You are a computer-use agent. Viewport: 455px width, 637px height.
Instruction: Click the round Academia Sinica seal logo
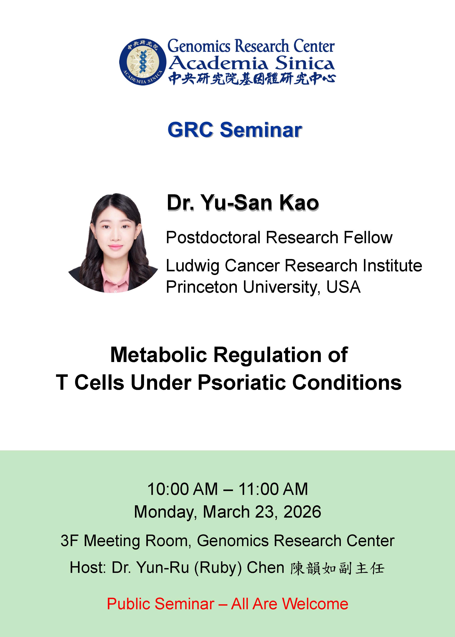coord(143,62)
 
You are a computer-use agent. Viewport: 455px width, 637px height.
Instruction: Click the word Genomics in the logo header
coord(199,46)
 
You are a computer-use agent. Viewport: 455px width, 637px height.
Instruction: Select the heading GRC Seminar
coord(235,130)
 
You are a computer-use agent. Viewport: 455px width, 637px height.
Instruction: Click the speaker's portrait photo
coord(113,243)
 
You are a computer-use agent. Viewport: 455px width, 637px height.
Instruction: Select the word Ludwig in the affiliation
coord(193,266)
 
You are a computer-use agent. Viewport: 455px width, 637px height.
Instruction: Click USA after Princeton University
coord(344,287)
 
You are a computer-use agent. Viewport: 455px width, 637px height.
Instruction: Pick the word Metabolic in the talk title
coord(159,355)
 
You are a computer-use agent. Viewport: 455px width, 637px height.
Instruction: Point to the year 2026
coord(302,512)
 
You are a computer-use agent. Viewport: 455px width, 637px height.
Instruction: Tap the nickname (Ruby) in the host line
coord(218,568)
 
